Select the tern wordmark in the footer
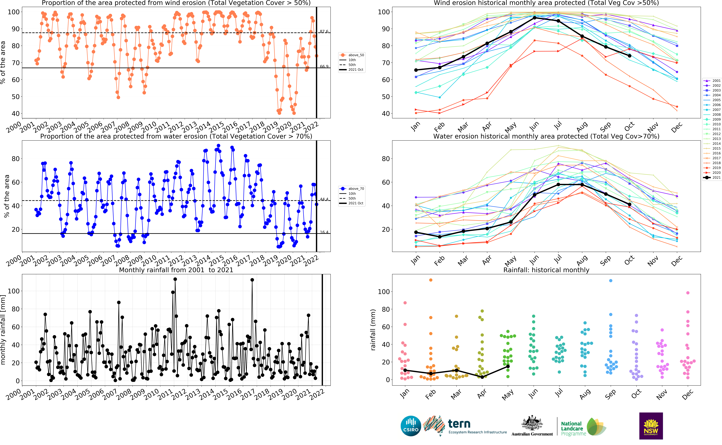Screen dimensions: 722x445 tap(459, 424)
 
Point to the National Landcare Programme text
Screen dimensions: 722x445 tap(573, 429)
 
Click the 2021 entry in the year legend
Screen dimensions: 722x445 tap(712, 178)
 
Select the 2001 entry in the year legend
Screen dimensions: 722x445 tap(712, 81)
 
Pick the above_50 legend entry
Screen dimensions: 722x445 tap(352, 55)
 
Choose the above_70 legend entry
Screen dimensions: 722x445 tap(352, 189)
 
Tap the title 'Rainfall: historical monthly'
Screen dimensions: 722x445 tap(546, 270)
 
